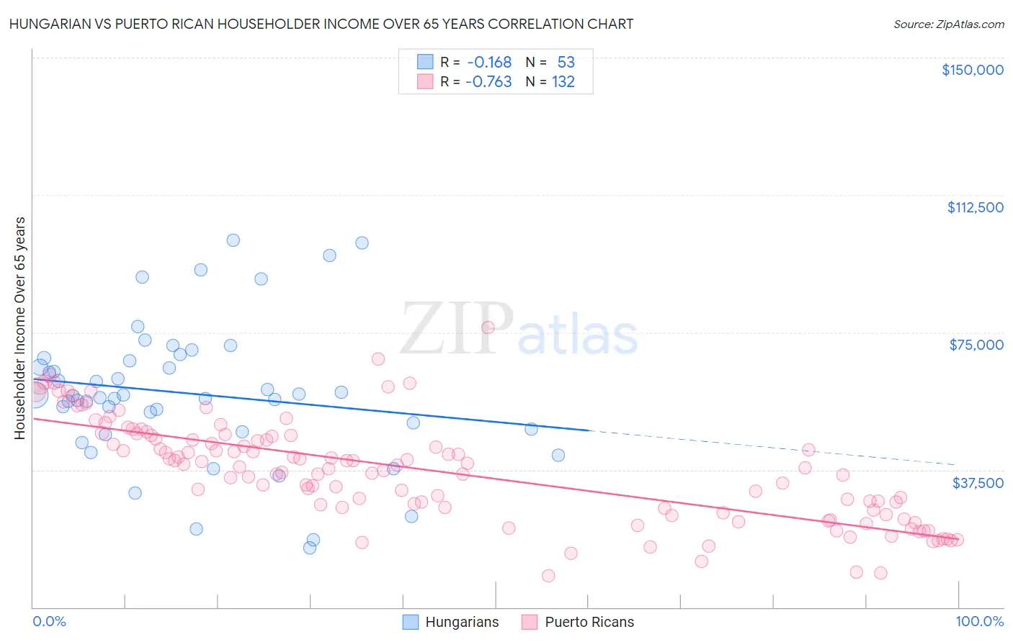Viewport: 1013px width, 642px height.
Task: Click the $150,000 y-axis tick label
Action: click(972, 70)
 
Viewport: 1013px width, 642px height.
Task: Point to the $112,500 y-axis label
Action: click(975, 207)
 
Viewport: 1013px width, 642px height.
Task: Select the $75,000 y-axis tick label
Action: click(976, 345)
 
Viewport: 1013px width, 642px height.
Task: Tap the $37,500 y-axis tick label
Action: click(978, 483)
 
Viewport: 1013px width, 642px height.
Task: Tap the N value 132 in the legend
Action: click(563, 81)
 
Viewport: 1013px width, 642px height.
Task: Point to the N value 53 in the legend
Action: click(566, 62)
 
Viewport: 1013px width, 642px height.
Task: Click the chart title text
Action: click(321, 24)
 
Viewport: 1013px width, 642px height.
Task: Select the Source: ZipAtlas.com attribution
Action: click(948, 24)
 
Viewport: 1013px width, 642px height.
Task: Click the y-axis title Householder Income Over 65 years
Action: click(19, 328)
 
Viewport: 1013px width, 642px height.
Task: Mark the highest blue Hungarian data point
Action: click(233, 240)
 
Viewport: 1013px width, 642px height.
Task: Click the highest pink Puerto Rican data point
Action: click(488, 327)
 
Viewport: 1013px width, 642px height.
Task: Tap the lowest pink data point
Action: click(548, 576)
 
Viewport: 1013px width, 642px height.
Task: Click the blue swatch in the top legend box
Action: click(425, 62)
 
